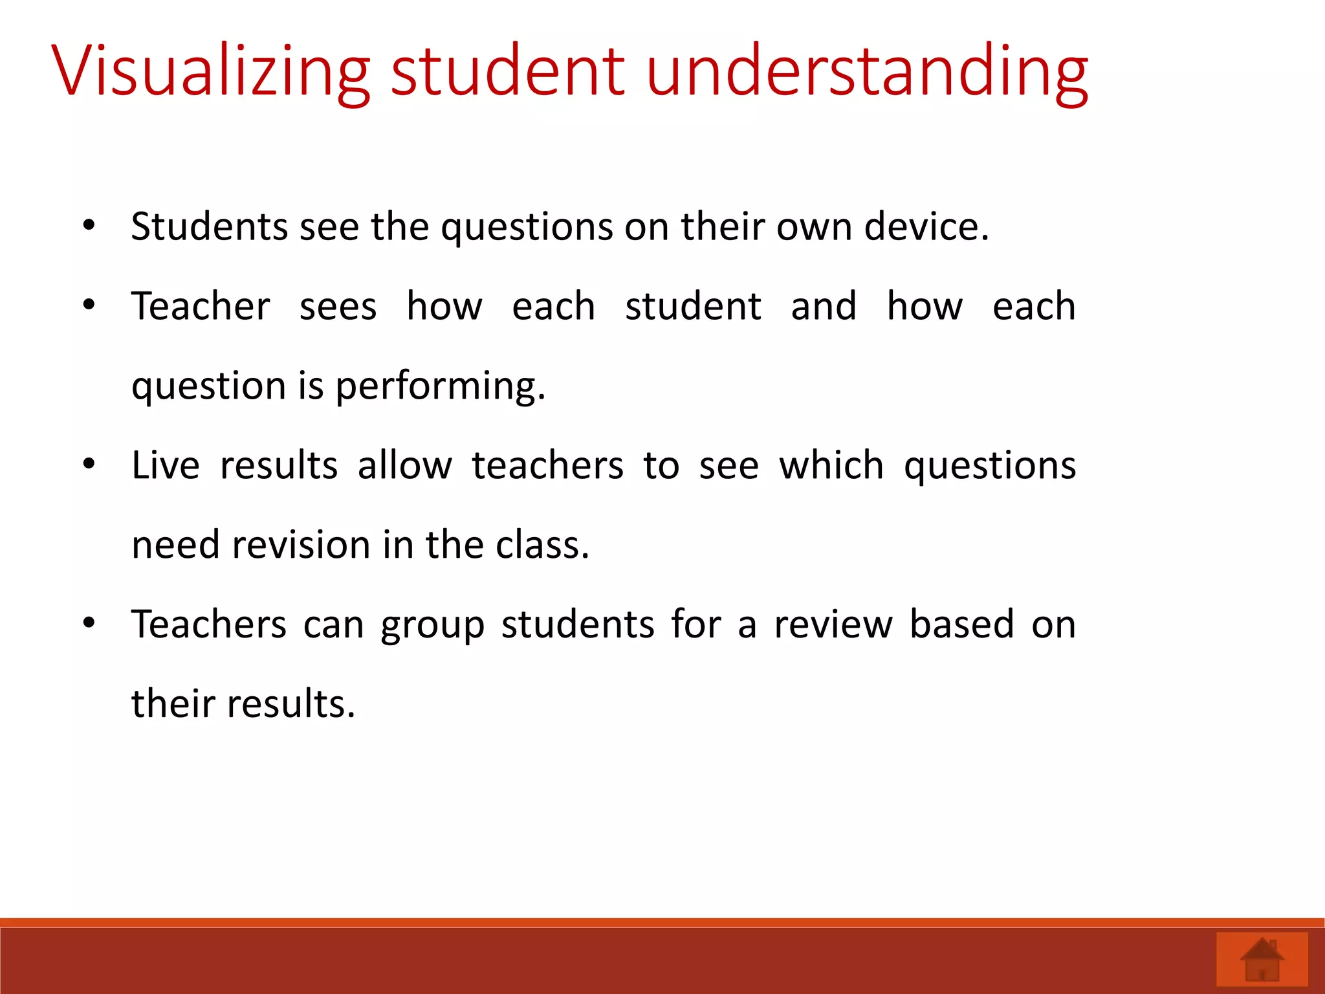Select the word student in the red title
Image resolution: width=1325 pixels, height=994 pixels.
pos(508,70)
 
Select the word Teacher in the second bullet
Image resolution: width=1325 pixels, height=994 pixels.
pos(201,306)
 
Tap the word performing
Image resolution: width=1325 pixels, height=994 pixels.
pos(440,386)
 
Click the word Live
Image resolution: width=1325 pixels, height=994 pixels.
pos(166,465)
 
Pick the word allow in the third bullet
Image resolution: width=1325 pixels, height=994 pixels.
pos(405,465)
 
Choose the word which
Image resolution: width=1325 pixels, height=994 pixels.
pos(831,465)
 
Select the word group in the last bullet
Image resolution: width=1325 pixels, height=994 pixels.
pos(432,626)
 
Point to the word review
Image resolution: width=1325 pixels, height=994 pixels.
pos(833,624)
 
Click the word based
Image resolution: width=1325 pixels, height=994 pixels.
pos(961,624)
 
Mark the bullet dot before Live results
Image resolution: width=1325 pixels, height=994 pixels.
pos(89,464)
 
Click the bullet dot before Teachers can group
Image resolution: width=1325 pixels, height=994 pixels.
pos(89,623)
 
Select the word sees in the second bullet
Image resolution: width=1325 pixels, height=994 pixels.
pos(338,307)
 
